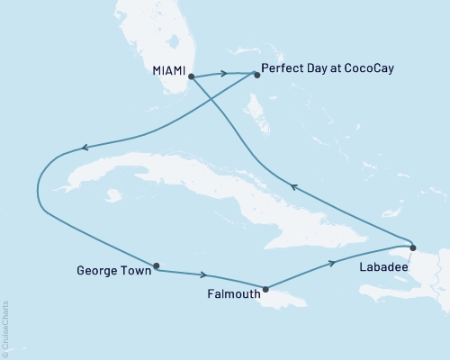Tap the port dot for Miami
coord(191,77)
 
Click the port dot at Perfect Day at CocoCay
coord(256,75)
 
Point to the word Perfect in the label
coord(282,67)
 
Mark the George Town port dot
coord(157,265)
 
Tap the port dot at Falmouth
coord(265,289)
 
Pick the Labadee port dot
coord(412,247)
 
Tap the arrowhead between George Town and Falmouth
coord(207,275)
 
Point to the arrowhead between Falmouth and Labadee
coord(334,263)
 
